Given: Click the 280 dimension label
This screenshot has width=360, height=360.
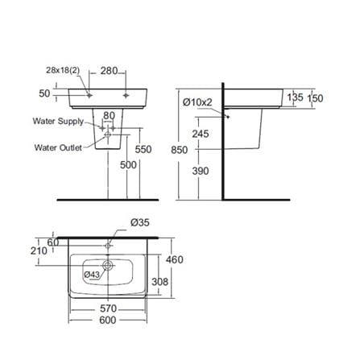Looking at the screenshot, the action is pyautogui.click(x=109, y=71).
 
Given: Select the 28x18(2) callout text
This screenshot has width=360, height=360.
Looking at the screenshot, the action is pyautogui.click(x=63, y=70).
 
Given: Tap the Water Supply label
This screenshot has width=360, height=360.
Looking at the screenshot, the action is pyautogui.click(x=58, y=121).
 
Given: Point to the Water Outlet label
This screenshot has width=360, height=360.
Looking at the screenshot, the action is pyautogui.click(x=58, y=147).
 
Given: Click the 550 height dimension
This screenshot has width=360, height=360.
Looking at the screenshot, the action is pyautogui.click(x=143, y=149).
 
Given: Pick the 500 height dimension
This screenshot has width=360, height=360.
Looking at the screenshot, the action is pyautogui.click(x=128, y=165).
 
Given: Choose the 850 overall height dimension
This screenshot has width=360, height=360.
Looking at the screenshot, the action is pyautogui.click(x=180, y=150).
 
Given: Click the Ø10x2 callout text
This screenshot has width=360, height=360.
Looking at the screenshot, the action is pyautogui.click(x=197, y=102).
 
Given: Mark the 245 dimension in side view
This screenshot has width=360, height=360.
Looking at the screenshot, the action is pyautogui.click(x=201, y=134).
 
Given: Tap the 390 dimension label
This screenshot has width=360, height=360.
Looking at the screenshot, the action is pyautogui.click(x=201, y=171).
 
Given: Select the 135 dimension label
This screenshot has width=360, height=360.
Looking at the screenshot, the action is pyautogui.click(x=295, y=97).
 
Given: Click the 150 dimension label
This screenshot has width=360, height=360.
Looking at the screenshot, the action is pyautogui.click(x=315, y=98).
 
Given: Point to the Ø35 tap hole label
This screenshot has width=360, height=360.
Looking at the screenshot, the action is pyautogui.click(x=140, y=222).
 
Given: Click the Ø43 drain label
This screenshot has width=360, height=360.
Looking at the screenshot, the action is pyautogui.click(x=92, y=275).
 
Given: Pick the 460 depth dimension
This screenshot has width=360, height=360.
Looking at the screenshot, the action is pyautogui.click(x=175, y=259).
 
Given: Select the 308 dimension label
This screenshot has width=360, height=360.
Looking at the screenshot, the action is pyautogui.click(x=160, y=282).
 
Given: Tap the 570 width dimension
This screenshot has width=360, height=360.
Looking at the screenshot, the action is pyautogui.click(x=108, y=308).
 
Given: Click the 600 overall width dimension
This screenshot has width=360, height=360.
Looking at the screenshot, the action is pyautogui.click(x=108, y=320).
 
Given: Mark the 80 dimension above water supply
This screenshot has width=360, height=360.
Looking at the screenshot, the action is pyautogui.click(x=110, y=116).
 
